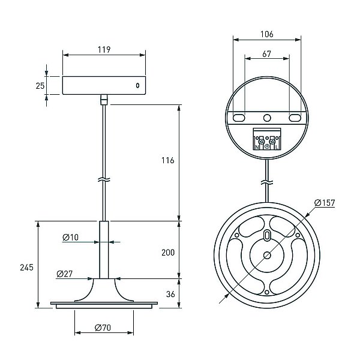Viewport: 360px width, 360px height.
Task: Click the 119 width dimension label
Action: coord(104,49)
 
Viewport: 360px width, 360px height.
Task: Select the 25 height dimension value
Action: coord(40,86)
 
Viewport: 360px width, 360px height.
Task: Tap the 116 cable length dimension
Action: coord(167,160)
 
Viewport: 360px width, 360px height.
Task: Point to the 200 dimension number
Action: coord(168,253)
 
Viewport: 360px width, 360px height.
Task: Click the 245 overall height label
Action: coord(26,267)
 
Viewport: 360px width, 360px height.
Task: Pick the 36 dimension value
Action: coord(170,294)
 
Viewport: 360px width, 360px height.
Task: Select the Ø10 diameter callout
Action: coord(70,237)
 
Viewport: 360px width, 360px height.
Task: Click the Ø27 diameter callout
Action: coord(65,274)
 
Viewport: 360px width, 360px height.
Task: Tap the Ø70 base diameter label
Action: coord(103,328)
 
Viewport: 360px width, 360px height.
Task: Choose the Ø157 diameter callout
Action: coord(325,203)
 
